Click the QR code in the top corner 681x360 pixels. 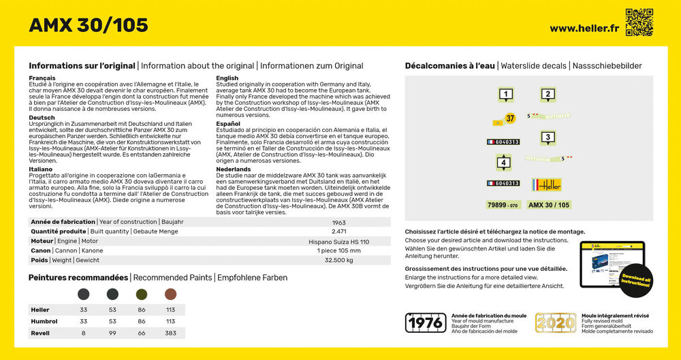[x=639, y=22]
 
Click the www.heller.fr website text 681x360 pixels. [x=584, y=28]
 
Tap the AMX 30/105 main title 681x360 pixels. [x=89, y=25]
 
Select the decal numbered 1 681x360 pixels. [x=505, y=95]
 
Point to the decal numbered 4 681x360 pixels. [x=503, y=163]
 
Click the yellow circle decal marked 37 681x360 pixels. [x=510, y=118]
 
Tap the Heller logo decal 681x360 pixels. [x=547, y=184]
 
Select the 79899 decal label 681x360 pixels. [x=503, y=205]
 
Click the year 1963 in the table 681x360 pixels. [x=339, y=223]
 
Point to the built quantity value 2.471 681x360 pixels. [x=339, y=232]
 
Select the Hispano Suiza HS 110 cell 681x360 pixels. [x=339, y=242]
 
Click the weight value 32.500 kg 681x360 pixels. [x=339, y=261]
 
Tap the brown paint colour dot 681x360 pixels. [x=170, y=294]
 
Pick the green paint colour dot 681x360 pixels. [x=142, y=294]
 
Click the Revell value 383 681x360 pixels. [x=170, y=333]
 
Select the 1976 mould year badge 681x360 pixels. [x=426, y=323]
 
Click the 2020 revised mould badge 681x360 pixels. [x=556, y=323]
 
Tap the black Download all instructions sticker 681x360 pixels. [x=635, y=280]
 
